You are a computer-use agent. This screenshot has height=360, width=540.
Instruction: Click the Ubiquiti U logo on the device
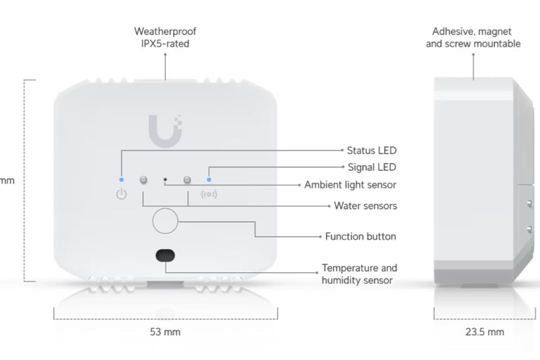pos(165,131)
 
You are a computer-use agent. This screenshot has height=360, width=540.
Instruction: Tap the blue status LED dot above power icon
pos(121,179)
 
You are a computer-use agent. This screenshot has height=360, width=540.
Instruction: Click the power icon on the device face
pos(121,194)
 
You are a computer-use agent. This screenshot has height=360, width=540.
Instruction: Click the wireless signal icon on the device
pos(209,194)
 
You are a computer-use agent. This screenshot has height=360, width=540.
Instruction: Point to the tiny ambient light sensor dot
pos(165,180)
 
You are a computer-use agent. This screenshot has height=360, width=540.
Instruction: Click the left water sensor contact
pos(143,180)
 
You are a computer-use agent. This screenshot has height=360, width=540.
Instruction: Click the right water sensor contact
pos(188,180)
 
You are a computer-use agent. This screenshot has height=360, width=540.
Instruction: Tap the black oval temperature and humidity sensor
pos(165,255)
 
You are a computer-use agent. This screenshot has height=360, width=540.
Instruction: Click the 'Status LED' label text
pos(371,150)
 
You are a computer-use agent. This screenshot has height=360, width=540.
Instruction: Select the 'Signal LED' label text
pos(372,167)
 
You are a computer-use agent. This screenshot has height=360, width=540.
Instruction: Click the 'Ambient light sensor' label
pos(350,185)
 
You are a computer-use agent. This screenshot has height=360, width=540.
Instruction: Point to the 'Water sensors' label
pos(365,206)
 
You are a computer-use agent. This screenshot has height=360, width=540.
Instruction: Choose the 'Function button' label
pos(360,237)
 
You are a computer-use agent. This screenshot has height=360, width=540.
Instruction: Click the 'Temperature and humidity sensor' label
pos(359,274)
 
